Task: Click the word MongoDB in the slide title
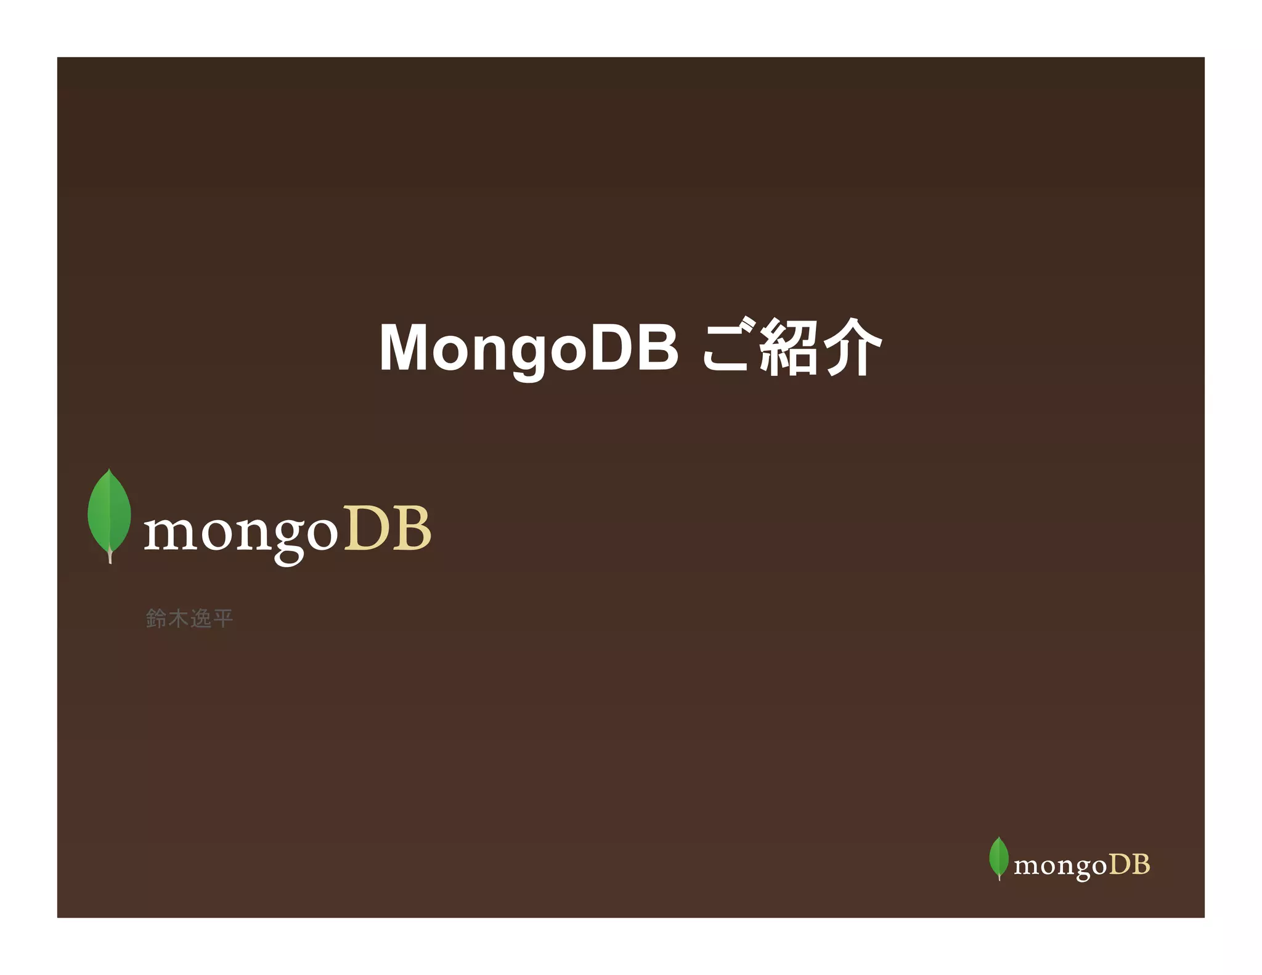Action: (x=529, y=349)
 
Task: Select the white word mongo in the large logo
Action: (x=240, y=532)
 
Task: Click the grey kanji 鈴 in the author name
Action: (x=157, y=618)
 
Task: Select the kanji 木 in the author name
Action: (x=179, y=618)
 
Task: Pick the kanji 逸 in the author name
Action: (x=201, y=618)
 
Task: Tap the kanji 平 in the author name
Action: (x=222, y=618)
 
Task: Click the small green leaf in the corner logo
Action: (x=998, y=856)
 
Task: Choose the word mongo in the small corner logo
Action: (x=1060, y=867)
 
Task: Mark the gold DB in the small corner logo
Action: (x=1130, y=864)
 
